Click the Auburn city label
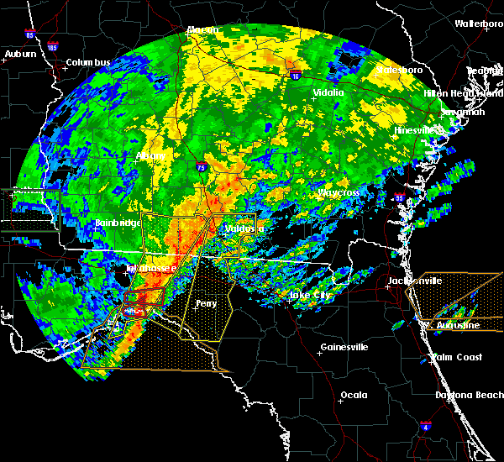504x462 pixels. [x=20, y=55]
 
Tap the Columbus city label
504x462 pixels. [x=89, y=63]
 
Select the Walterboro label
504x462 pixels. [x=479, y=24]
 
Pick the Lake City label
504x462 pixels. [x=310, y=296]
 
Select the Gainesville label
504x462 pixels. [x=344, y=347]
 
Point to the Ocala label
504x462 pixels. [x=354, y=395]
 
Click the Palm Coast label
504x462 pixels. [x=457, y=357]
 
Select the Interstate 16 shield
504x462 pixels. [x=296, y=75]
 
